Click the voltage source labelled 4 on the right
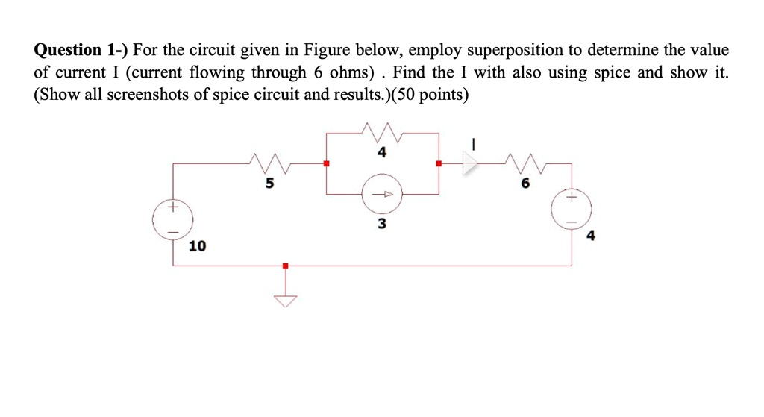[572, 210]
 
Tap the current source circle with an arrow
[381, 194]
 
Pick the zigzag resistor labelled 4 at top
[381, 134]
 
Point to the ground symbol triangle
[284, 300]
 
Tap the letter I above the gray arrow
[472, 142]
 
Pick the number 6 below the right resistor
[526, 184]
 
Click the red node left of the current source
[325, 163]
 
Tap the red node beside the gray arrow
[439, 163]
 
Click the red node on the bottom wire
[284, 265]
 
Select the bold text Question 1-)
[81, 51]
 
